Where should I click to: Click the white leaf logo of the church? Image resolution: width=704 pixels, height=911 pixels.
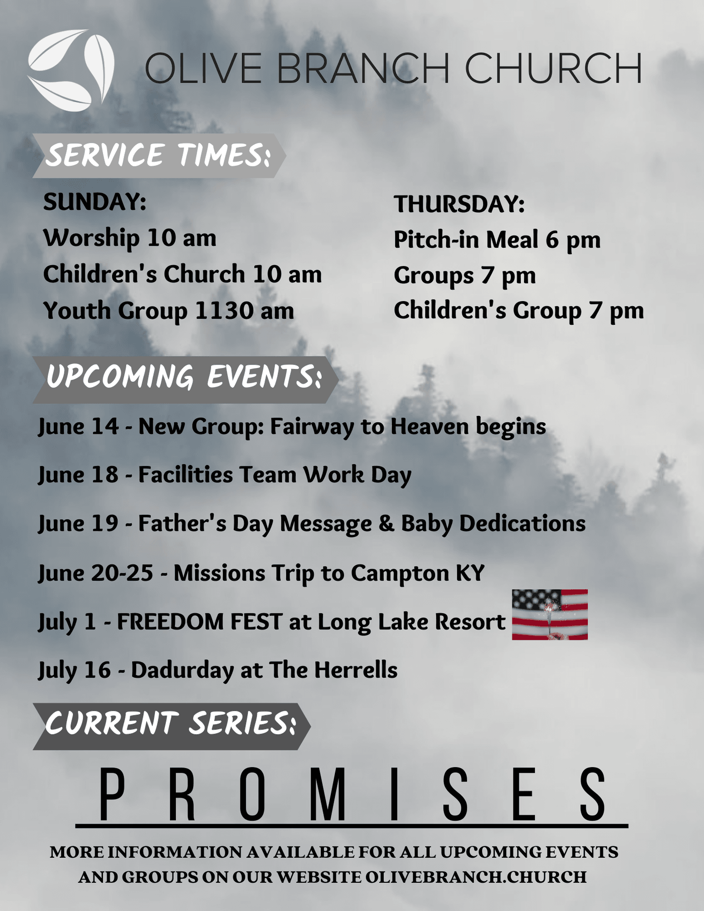(71, 70)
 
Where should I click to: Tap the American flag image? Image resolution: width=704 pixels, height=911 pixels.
(550, 614)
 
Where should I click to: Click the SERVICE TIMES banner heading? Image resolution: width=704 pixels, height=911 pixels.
(159, 155)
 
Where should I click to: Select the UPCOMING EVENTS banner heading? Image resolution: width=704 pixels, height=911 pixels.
(185, 380)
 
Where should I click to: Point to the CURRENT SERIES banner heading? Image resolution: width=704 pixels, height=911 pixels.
(171, 726)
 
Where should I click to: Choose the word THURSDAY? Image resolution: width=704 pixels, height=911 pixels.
(459, 204)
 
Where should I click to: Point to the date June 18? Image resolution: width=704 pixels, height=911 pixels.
(78, 475)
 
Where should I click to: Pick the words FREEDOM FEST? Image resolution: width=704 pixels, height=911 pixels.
(199, 622)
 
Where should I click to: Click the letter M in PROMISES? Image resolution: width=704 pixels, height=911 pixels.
(328, 794)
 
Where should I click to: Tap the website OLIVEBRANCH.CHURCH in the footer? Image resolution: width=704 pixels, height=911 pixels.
(476, 877)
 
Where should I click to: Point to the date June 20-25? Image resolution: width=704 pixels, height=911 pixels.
(96, 574)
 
